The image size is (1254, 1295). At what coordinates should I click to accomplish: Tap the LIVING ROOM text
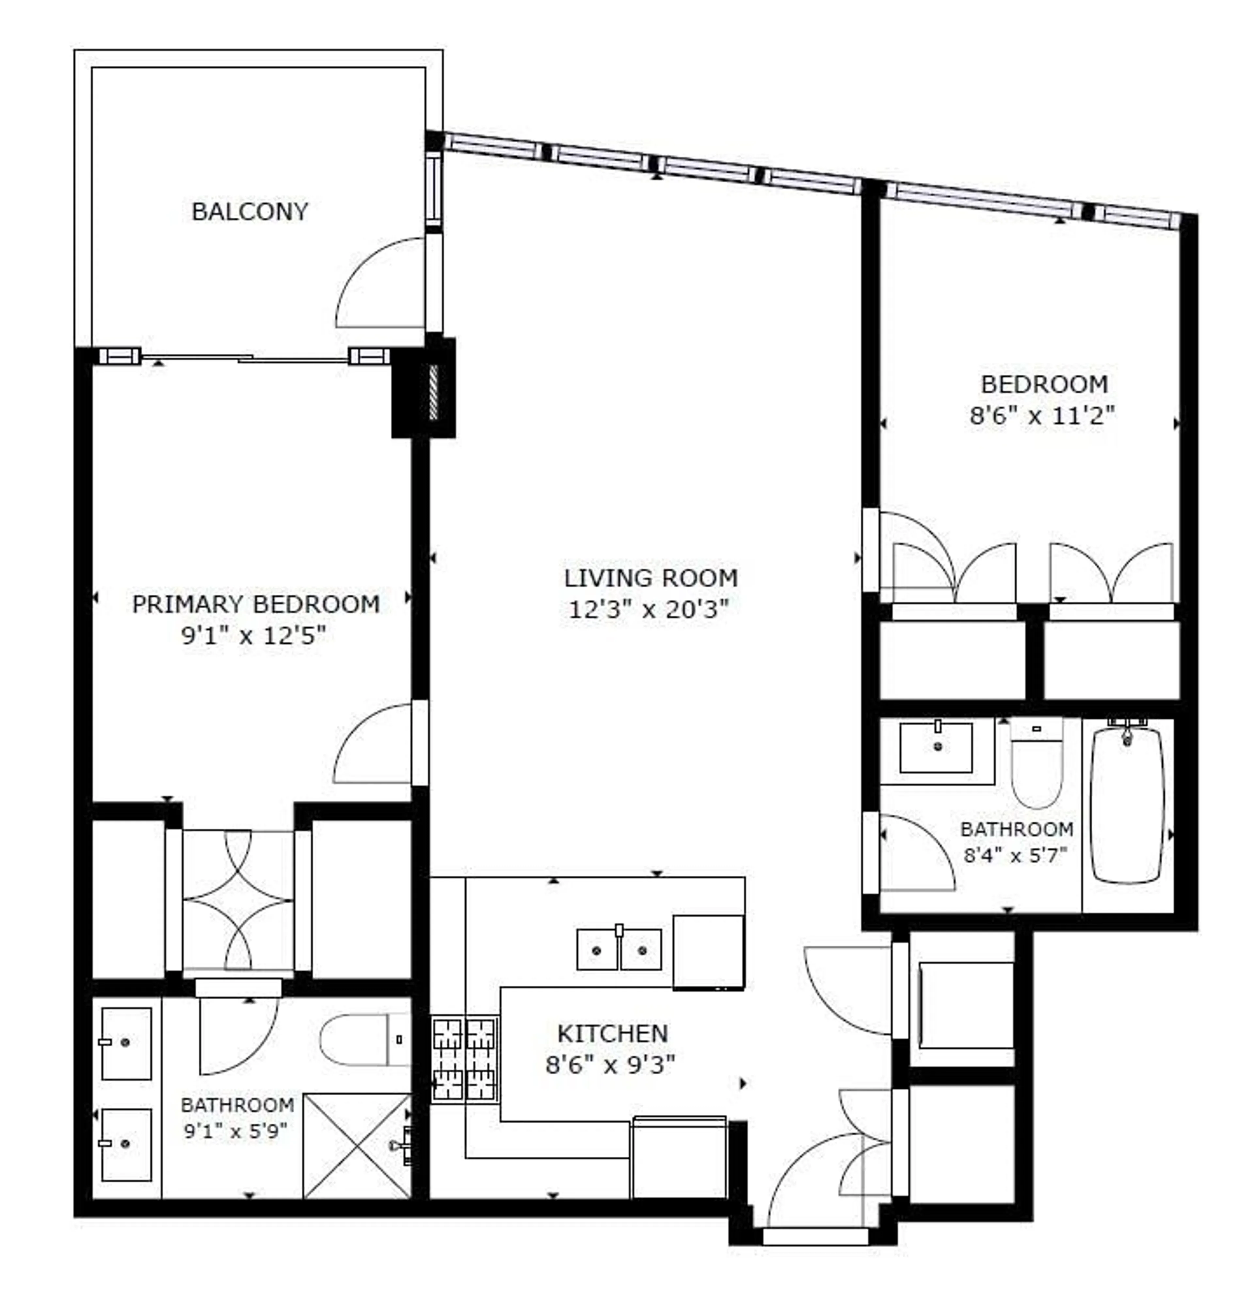click(x=651, y=578)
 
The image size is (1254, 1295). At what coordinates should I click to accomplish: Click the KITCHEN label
click(x=612, y=1033)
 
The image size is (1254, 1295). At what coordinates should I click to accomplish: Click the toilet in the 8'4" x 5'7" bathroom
click(x=1037, y=766)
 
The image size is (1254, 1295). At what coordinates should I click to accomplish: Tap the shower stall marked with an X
click(x=357, y=1146)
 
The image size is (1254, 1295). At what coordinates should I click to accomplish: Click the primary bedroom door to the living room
click(x=374, y=745)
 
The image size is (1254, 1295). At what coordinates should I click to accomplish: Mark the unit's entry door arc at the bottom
click(x=813, y=1183)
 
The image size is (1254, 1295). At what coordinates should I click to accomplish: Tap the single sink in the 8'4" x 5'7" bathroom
click(x=936, y=747)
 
